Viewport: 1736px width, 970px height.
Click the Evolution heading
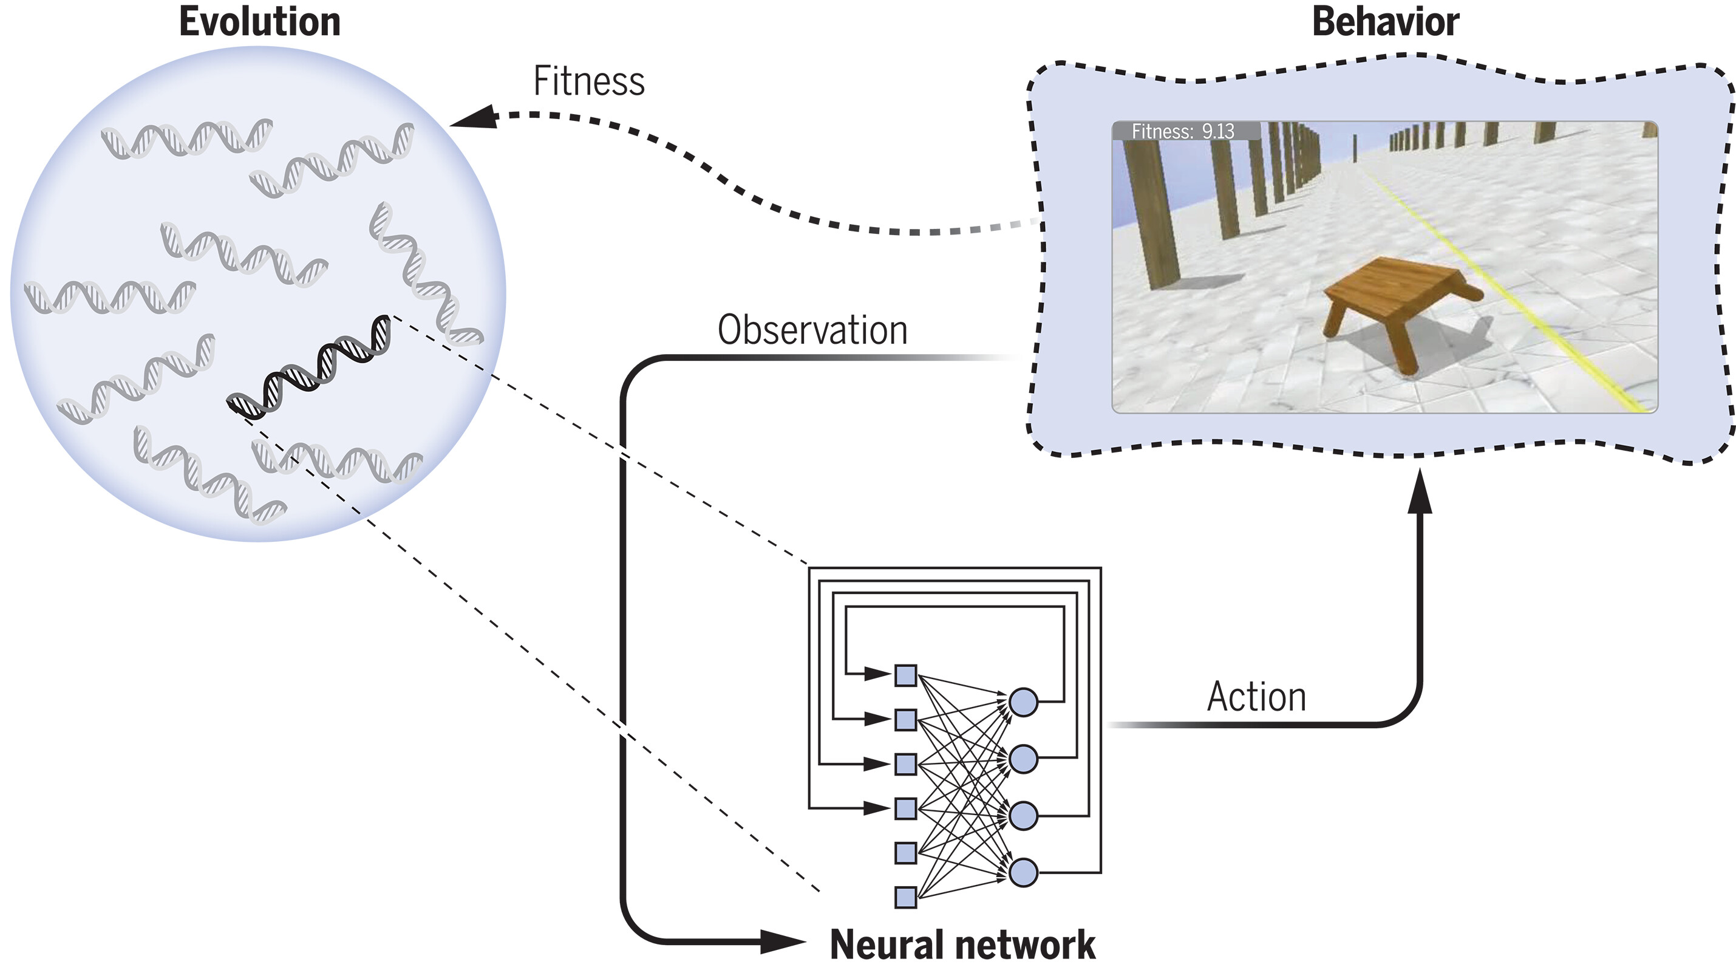pos(259,22)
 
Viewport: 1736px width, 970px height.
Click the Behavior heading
pos(1386,22)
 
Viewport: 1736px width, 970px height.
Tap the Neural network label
pos(962,944)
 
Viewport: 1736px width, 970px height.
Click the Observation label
pos(812,330)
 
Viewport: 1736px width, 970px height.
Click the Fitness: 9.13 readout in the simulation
pos(1183,131)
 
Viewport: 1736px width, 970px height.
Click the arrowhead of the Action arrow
pos(1420,492)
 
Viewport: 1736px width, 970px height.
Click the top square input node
pos(905,675)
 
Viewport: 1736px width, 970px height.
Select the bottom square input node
pos(905,897)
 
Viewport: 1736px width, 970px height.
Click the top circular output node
pos(1023,702)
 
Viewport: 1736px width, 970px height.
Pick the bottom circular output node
pos(1023,873)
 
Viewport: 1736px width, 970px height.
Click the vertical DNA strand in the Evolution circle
pos(424,276)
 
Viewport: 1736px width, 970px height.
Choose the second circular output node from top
pos(1023,759)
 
